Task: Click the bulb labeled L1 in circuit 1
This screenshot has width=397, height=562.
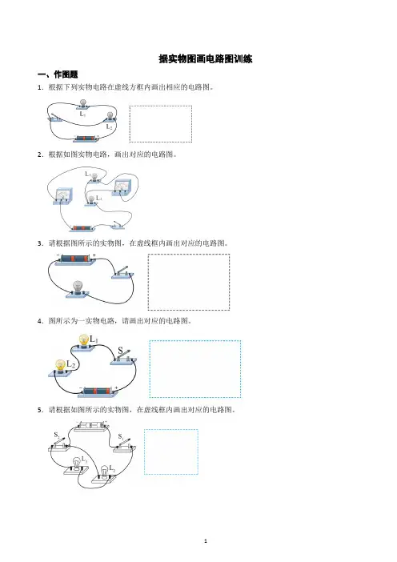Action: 83,103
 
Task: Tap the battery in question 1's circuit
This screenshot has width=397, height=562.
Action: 86,138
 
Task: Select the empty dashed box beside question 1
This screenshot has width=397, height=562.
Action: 161,123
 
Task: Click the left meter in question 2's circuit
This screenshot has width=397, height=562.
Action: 63,196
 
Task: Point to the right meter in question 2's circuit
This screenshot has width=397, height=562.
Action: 122,187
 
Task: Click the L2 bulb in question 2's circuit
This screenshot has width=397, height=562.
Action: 91,201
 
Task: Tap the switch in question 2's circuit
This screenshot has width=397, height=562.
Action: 118,225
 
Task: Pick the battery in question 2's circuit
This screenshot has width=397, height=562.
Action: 82,228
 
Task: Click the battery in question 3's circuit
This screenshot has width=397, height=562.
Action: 75,259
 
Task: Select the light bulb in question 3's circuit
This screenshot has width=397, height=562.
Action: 78,290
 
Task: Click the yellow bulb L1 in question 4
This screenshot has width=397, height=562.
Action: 84,342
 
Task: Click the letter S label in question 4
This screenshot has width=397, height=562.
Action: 120,350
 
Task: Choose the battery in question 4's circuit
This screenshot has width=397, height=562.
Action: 98,391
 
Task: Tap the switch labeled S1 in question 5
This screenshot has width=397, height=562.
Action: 125,444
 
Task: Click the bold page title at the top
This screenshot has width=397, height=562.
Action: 206,58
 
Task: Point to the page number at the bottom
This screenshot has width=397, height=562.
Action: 206,541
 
